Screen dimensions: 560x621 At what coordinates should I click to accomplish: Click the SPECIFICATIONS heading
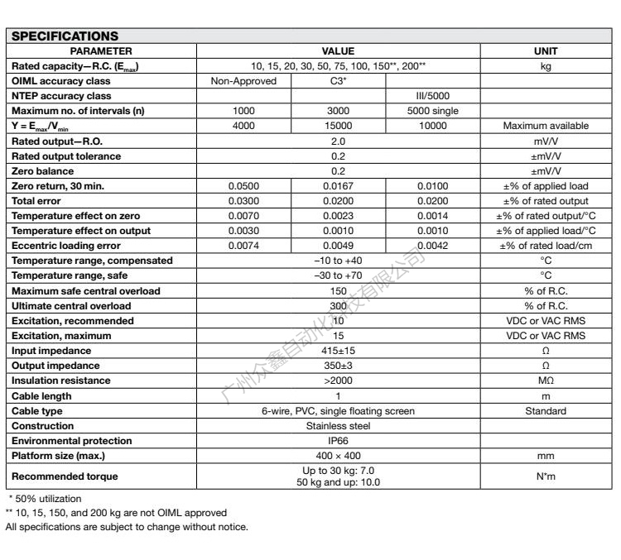pos(65,36)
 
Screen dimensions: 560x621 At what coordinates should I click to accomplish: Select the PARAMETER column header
pos(101,51)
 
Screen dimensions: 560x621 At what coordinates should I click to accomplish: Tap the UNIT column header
pos(546,51)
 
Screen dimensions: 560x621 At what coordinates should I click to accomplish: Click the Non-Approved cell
pos(243,81)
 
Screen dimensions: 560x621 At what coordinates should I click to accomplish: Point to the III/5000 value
pos(433,96)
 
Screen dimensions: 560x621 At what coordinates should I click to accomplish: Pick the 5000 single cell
pos(433,111)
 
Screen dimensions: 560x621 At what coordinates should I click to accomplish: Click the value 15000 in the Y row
pos(338,126)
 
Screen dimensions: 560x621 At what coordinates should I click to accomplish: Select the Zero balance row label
pos(42,171)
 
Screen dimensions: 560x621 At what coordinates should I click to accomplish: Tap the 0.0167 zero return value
pos(338,186)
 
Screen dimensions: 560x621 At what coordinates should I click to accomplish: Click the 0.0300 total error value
pos(243,201)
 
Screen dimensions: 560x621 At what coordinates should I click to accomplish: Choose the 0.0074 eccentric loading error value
pos(243,246)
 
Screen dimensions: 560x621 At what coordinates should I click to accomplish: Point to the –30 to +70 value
pos(338,275)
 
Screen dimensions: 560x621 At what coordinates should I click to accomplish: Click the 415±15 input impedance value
pos(338,351)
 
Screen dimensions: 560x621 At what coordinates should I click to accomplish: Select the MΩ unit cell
pos(546,381)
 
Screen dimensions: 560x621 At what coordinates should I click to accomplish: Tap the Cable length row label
pos(42,396)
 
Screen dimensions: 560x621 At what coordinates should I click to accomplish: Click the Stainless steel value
pos(338,426)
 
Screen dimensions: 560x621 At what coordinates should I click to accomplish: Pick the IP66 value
pos(338,441)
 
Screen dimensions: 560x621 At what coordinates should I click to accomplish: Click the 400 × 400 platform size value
pos(338,456)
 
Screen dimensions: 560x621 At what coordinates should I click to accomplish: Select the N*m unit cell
pos(546,476)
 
